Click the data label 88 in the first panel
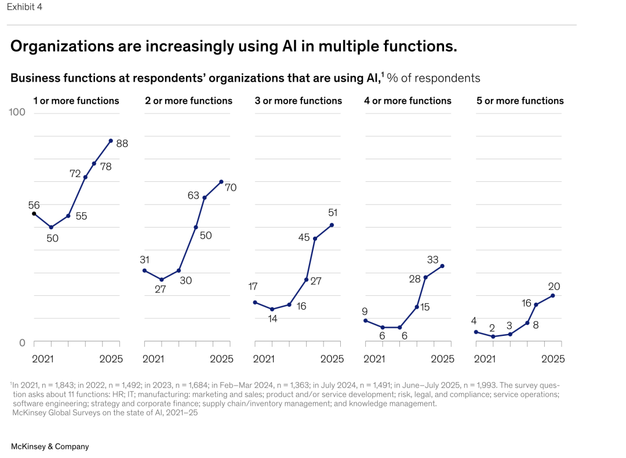click(x=122, y=144)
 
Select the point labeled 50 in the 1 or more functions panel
click(x=51, y=228)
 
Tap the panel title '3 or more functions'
click(x=299, y=101)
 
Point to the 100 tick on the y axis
click(x=17, y=112)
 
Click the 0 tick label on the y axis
click(x=22, y=343)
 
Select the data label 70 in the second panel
click(x=230, y=188)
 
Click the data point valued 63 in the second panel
click(x=204, y=198)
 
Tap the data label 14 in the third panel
click(x=272, y=319)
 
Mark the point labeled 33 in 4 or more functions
click(x=442, y=266)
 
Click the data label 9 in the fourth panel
click(x=365, y=312)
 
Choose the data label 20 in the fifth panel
click(x=555, y=287)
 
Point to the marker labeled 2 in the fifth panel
click(x=493, y=336)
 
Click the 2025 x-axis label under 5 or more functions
click(x=553, y=359)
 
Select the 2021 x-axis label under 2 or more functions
click(x=153, y=359)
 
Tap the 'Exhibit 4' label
click(x=24, y=7)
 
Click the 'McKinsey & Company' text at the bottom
click(x=50, y=446)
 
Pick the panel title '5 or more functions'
click(x=520, y=101)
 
